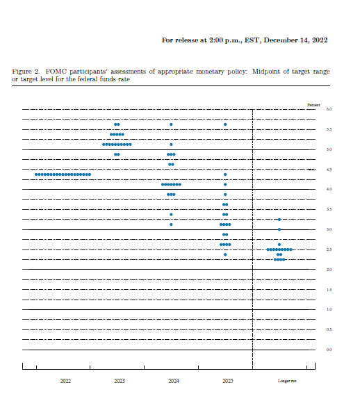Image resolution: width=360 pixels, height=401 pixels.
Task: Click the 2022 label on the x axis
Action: [65, 382]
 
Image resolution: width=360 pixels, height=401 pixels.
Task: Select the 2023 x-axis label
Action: [119, 382]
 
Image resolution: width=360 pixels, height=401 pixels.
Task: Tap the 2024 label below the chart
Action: [173, 382]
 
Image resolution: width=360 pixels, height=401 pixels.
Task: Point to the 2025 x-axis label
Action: [227, 382]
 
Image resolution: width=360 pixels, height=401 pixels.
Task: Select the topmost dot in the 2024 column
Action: [171, 124]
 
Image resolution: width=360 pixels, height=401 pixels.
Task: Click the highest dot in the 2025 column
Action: [225, 124]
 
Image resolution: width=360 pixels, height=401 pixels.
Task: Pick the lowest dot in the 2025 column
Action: [225, 254]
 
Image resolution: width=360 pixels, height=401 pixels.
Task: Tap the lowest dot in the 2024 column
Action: [171, 224]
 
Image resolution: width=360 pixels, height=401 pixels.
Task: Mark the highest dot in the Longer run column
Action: [279, 220]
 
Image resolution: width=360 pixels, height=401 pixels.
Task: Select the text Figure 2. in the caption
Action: [26, 72]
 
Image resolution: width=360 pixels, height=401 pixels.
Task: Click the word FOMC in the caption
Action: [55, 72]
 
